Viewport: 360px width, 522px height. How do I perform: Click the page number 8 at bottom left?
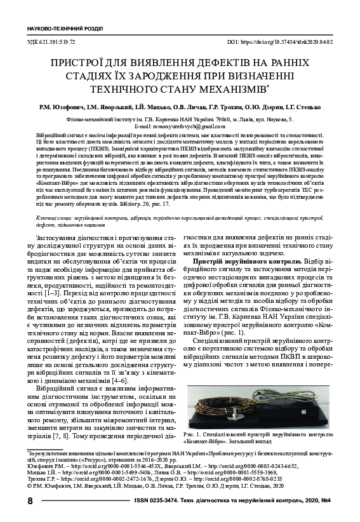[x=30, y=501]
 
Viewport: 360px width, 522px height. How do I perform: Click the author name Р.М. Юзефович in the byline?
[x=63, y=107]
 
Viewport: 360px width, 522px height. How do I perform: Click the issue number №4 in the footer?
[x=324, y=501]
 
